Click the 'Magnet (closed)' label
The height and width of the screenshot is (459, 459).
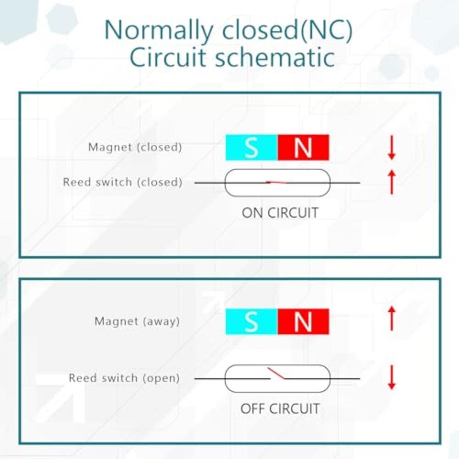click(x=135, y=147)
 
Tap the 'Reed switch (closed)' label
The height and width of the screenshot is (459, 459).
click(x=122, y=182)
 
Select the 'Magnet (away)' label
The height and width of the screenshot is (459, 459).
click(x=137, y=321)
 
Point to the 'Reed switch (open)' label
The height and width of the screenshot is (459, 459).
click(x=124, y=378)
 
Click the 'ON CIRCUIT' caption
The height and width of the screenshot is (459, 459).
click(x=280, y=213)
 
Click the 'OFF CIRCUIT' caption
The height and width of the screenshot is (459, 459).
click(x=280, y=409)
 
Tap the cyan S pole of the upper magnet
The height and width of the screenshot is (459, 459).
click(x=251, y=148)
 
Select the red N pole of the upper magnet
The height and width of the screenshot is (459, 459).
click(x=303, y=148)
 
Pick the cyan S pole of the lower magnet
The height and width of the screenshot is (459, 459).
click(x=251, y=321)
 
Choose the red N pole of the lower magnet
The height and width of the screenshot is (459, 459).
click(x=303, y=321)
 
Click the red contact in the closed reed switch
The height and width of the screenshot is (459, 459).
click(x=277, y=182)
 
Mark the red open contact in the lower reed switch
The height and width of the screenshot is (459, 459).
click(x=276, y=374)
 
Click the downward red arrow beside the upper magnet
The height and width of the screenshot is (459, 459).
click(x=392, y=147)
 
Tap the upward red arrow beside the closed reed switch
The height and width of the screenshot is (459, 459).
click(x=392, y=182)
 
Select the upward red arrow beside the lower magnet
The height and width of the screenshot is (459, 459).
click(x=392, y=319)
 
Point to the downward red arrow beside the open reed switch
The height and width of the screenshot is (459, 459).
click(x=392, y=377)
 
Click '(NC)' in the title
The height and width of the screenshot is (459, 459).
click(x=326, y=30)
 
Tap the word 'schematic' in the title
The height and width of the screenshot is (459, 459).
click(x=275, y=57)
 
